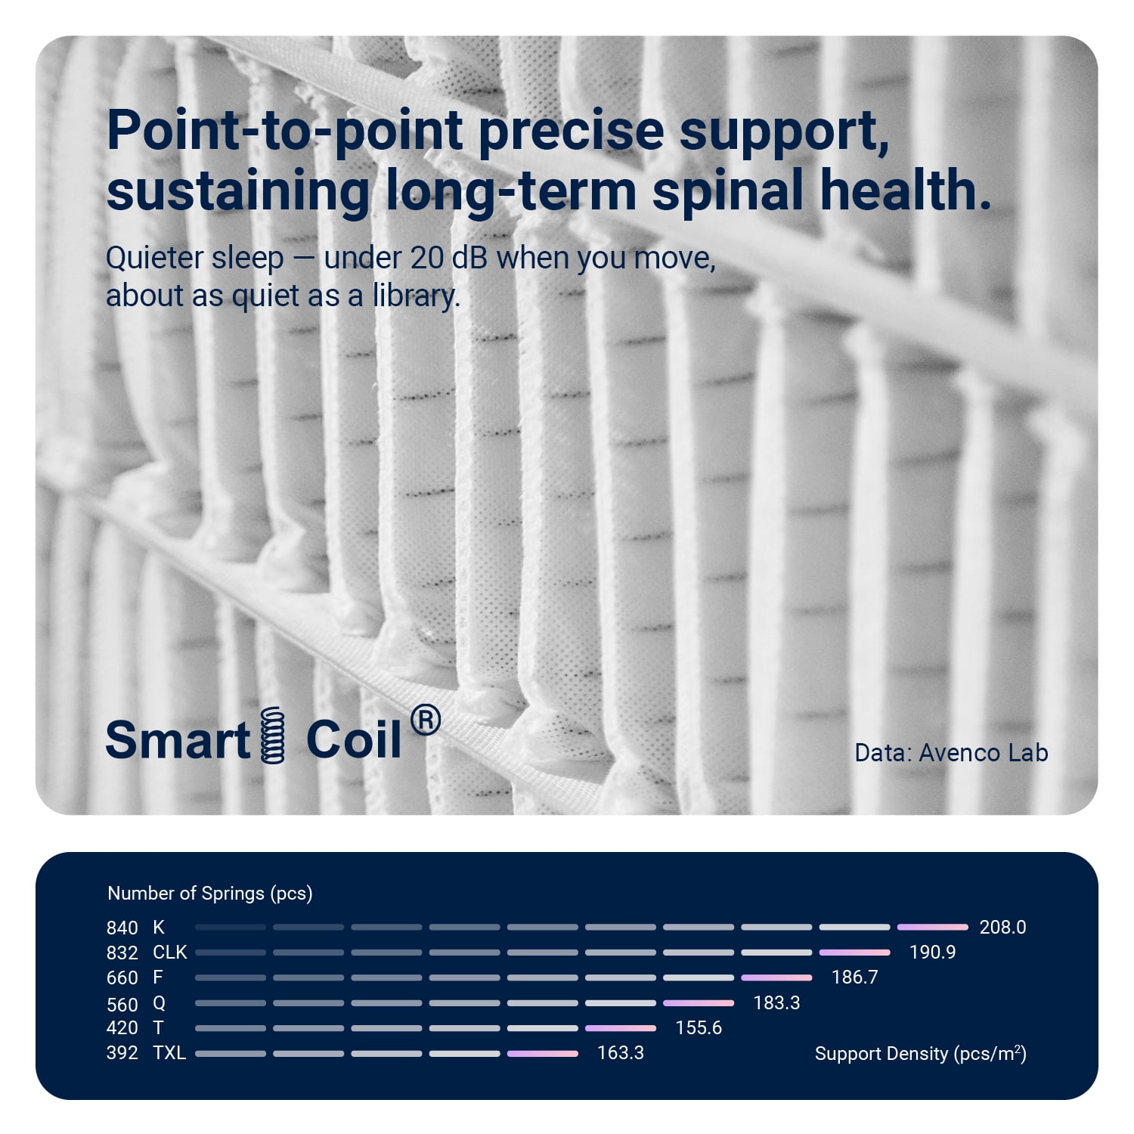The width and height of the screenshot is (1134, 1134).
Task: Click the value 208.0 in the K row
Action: [1002, 927]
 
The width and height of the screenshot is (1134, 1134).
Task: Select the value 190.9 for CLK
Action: [932, 952]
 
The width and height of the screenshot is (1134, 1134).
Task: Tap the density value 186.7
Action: [854, 977]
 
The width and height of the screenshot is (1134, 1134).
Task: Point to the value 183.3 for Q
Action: [776, 1002]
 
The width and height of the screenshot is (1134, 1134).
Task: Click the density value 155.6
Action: [699, 1027]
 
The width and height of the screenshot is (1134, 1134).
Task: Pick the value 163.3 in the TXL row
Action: [621, 1052]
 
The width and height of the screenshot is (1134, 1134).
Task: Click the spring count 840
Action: [122, 928]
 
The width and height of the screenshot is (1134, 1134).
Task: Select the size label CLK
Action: [170, 952]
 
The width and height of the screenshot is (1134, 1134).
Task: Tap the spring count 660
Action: [122, 978]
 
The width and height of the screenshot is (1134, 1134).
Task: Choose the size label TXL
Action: [169, 1052]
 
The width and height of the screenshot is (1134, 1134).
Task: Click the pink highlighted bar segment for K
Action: [933, 927]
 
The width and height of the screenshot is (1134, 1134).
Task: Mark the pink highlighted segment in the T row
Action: [621, 1028]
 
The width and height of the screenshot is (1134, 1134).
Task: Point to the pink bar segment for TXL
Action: [543, 1053]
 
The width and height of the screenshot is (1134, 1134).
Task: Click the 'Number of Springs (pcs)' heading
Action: [210, 894]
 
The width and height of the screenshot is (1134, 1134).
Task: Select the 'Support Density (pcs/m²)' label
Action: [921, 1053]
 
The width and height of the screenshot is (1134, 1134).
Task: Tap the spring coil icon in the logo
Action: [273, 735]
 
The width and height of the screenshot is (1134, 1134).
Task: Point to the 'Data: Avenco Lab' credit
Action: [951, 752]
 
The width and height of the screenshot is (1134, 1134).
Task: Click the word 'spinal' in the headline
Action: [729, 191]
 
